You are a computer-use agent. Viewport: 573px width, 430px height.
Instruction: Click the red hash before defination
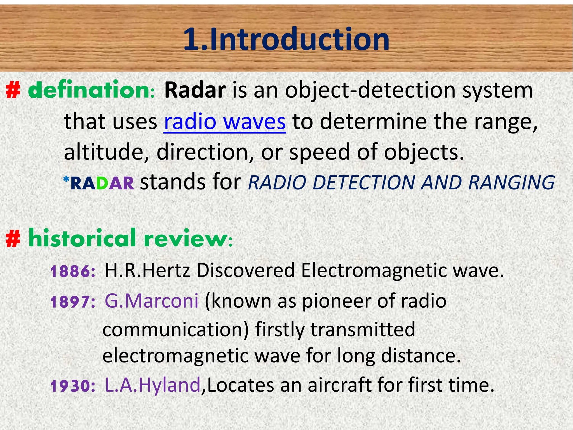click(x=13, y=91)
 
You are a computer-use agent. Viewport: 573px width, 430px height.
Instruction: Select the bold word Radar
click(x=195, y=90)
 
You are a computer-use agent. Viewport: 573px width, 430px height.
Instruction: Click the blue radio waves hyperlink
click(x=225, y=122)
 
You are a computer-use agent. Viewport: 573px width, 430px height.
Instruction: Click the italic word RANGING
click(x=511, y=183)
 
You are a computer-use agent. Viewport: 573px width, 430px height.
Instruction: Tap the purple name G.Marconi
click(x=151, y=301)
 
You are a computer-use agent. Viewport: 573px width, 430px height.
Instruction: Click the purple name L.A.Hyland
click(x=153, y=385)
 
